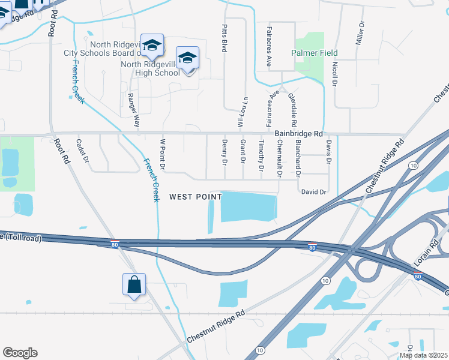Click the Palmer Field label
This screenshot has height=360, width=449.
coord(315,53)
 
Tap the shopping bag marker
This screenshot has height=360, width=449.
coord(133,285)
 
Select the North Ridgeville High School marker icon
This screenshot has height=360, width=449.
coord(188,59)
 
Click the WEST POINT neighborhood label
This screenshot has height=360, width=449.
coord(195,197)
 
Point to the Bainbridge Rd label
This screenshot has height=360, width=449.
coord(299,134)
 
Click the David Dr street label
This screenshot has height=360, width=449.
coord(313,192)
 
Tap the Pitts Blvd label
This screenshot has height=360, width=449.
coord(224,38)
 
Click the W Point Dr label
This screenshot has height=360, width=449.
coord(162,154)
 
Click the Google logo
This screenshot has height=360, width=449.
coord(20,353)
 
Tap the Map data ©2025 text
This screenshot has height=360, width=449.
coord(423,355)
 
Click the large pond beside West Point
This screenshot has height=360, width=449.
coord(249,208)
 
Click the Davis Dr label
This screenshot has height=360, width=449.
coord(329,152)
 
